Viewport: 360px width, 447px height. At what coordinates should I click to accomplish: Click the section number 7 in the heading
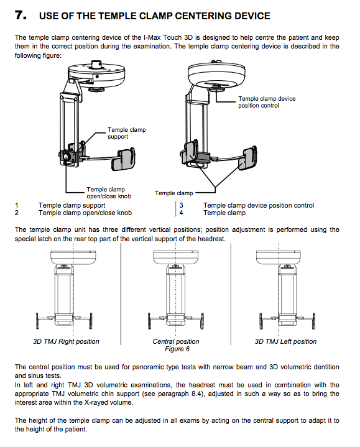21,15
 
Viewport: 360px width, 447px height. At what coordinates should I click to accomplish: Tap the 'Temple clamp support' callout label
127,133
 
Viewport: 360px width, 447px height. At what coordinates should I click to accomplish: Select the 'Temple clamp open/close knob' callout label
109,193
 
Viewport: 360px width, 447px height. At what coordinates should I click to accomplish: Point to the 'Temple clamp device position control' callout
267,102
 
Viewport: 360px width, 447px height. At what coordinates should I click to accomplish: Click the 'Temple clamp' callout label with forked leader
174,193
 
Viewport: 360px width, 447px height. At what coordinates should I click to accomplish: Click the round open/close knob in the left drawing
66,157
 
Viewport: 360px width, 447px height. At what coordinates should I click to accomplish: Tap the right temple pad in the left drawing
123,159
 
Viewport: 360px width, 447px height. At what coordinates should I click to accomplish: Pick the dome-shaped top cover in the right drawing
216,73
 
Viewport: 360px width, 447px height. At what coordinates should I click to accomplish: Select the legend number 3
182,205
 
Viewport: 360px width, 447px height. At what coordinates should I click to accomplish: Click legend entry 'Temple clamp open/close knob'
85,213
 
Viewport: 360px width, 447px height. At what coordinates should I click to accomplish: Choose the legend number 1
17,205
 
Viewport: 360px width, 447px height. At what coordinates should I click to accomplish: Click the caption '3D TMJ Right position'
66,341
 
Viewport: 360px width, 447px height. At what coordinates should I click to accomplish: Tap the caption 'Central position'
176,341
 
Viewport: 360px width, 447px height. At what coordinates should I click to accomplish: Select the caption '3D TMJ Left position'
285,341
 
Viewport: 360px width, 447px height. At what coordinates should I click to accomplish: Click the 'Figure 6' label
177,349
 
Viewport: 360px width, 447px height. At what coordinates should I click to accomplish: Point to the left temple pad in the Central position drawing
150,321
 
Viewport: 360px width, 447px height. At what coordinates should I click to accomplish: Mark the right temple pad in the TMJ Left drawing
313,321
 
